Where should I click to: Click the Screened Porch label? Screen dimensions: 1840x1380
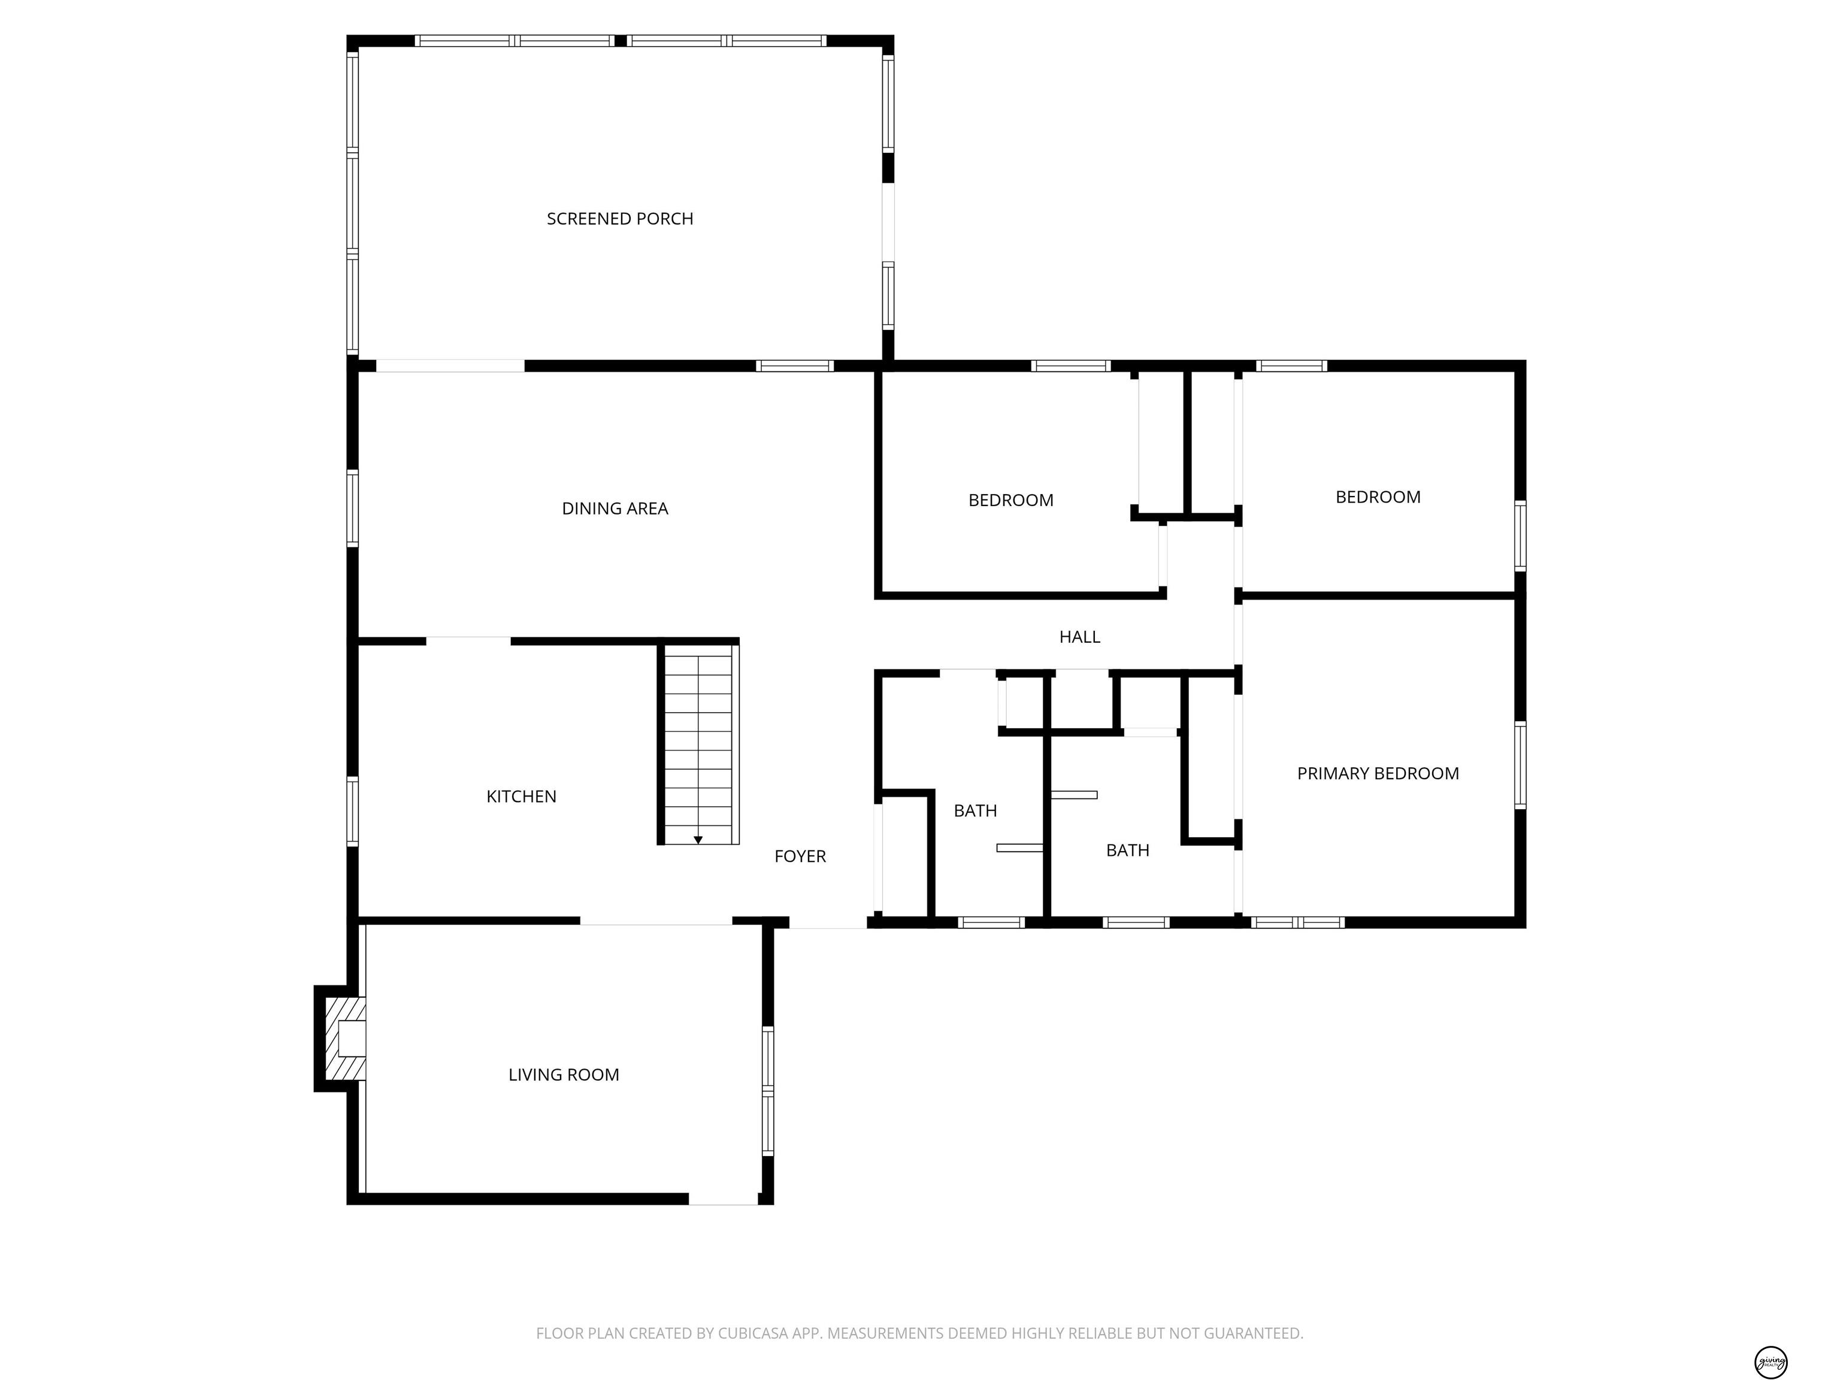[620, 219]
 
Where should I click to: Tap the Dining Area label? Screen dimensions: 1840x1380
[615, 509]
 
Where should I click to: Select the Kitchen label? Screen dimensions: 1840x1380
[522, 796]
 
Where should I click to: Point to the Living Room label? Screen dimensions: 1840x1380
[564, 1075]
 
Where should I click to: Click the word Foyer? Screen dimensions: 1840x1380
[800, 856]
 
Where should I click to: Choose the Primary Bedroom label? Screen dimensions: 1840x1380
[1378, 774]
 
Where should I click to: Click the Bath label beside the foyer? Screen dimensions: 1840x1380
[975, 810]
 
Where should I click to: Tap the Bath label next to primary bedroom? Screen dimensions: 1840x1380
[1128, 850]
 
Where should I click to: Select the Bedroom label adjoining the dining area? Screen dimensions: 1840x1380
[1010, 500]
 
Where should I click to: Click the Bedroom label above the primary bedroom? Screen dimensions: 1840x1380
[1378, 497]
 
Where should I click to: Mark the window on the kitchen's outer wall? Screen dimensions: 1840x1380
[353, 811]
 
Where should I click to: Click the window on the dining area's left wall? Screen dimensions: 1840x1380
[353, 509]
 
